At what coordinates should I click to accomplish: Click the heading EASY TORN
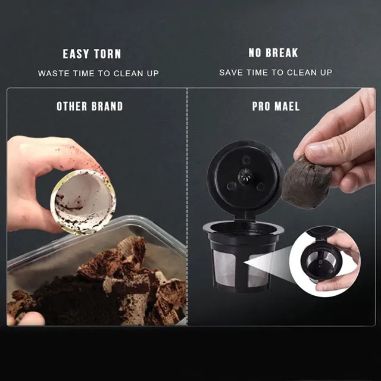[x=92, y=54]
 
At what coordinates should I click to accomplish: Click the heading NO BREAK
[x=273, y=54]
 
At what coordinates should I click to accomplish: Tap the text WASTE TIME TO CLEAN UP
[x=99, y=73]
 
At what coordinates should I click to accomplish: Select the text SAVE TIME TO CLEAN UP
[x=276, y=73]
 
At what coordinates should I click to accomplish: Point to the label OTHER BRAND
[x=90, y=107]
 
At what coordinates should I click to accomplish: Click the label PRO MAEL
[x=276, y=107]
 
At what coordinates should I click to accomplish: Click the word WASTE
[x=54, y=73]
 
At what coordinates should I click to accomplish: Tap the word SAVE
[x=230, y=73]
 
